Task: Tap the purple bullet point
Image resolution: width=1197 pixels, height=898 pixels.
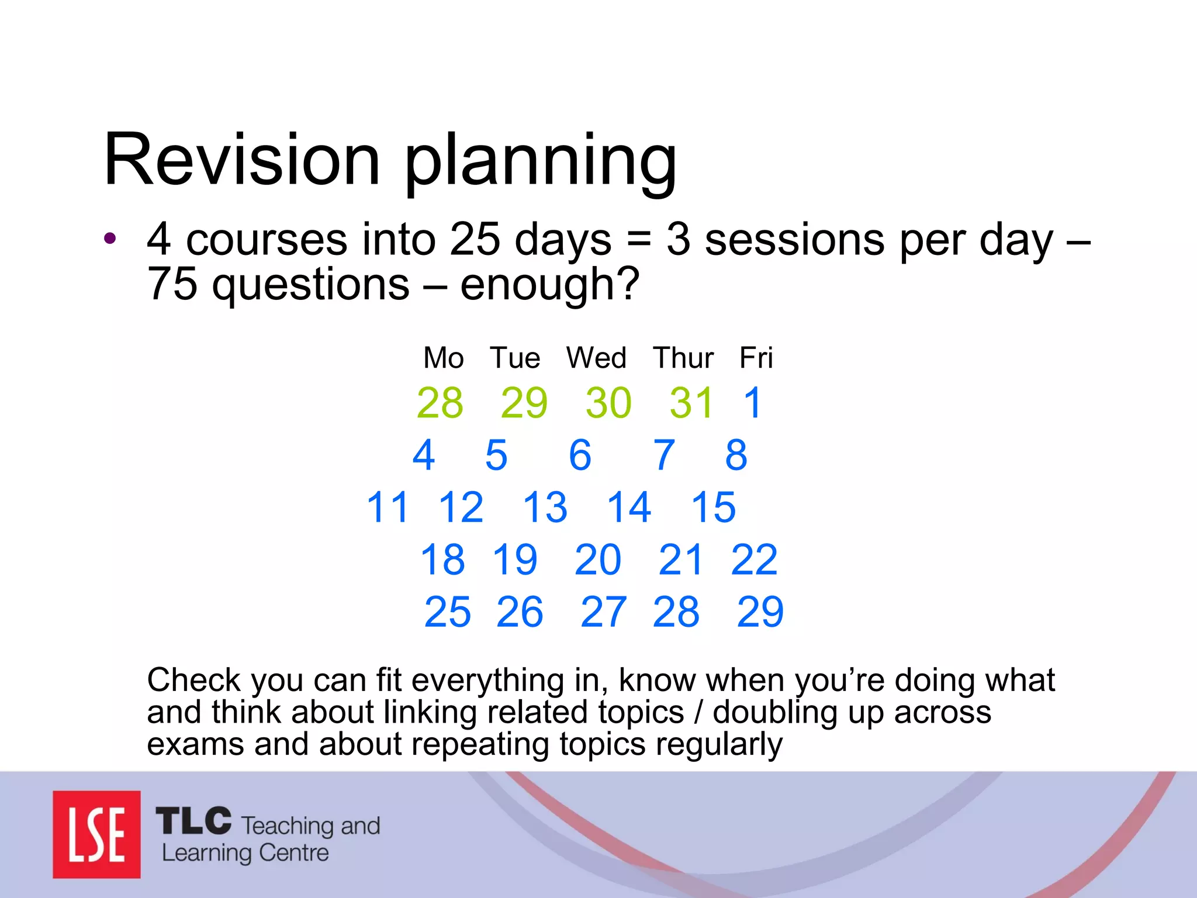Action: pos(110,239)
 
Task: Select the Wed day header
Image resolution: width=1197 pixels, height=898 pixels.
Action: pos(596,357)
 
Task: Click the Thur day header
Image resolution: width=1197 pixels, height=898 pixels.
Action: pos(683,357)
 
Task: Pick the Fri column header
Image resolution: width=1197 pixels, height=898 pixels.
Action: pos(756,357)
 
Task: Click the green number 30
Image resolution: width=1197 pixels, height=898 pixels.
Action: pos(608,403)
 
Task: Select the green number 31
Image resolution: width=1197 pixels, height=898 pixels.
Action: pos(692,403)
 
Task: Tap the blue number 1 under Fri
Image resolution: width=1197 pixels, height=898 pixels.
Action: pos(753,403)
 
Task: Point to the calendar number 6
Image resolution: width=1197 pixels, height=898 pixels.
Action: pos(580,455)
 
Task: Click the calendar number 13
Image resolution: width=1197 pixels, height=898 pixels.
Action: pos(545,507)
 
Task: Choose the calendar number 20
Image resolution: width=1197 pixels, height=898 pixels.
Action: pos(597,559)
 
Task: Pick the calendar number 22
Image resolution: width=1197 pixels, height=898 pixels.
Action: pos(754,559)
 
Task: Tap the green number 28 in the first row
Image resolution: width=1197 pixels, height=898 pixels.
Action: pos(440,403)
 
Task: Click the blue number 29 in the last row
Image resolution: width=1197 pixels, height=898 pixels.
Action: pos(760,612)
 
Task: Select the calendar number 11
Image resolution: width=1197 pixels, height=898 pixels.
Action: pos(387,507)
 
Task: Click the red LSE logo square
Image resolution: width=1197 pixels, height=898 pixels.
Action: pos(96,834)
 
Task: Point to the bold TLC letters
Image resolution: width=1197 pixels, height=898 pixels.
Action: pos(193,821)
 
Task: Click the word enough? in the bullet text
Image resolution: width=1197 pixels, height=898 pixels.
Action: pos(549,284)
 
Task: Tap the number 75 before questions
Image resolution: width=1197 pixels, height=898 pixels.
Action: pos(172,284)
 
